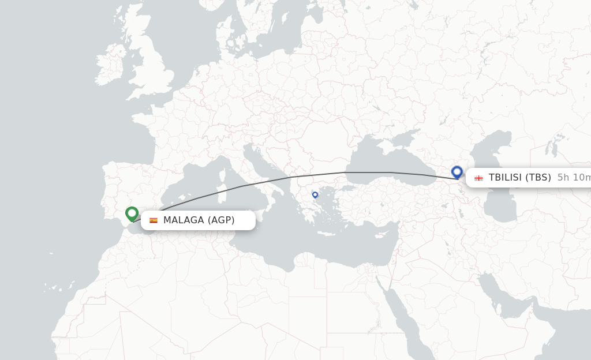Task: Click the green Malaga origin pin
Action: [x=132, y=214]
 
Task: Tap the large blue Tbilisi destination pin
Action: [x=457, y=172]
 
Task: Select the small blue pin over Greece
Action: [x=315, y=195]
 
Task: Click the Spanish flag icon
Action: [x=154, y=220]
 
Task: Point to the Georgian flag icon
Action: [x=478, y=178]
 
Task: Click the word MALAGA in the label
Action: [x=184, y=220]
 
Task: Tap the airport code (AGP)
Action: [x=221, y=220]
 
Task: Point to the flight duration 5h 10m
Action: [x=574, y=178]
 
